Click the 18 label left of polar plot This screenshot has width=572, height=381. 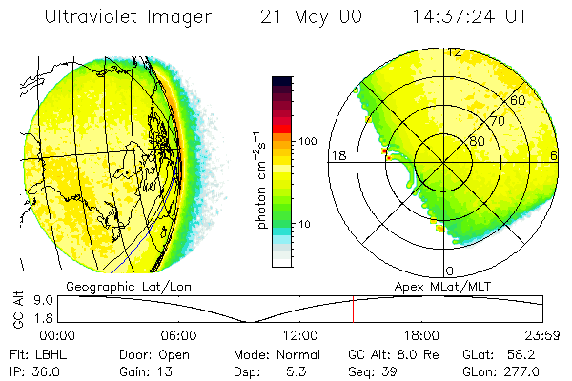(337, 155)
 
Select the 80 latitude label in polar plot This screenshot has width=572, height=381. (477, 142)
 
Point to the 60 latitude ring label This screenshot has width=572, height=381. (519, 100)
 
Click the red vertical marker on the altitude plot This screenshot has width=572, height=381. (354, 310)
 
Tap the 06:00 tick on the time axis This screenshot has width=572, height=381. (178, 335)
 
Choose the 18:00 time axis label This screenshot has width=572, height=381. (421, 335)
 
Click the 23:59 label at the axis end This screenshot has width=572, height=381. (542, 335)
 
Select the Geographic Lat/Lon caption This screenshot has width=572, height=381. (117, 286)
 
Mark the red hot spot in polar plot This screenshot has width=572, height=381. (384, 150)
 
